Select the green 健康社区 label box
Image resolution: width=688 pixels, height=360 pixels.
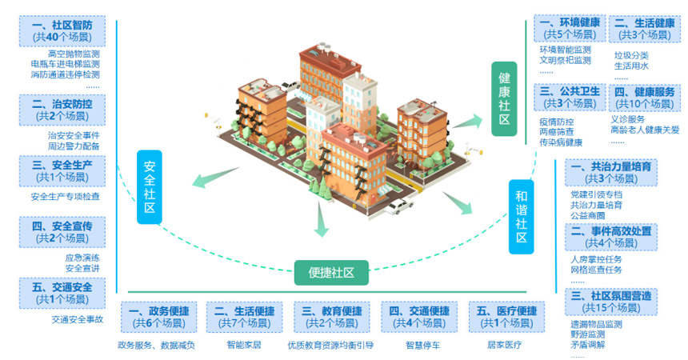click(x=504, y=99)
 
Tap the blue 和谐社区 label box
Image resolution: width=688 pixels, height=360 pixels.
click(x=521, y=216)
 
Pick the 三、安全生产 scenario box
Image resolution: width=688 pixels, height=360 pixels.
click(x=62, y=171)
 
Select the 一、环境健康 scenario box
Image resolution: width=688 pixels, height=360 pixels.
click(x=570, y=29)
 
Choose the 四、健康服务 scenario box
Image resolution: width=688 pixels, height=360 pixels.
click(x=644, y=98)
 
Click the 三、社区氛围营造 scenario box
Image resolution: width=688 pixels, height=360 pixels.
click(x=611, y=302)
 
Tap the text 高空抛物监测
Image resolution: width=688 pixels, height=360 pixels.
click(x=79, y=54)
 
